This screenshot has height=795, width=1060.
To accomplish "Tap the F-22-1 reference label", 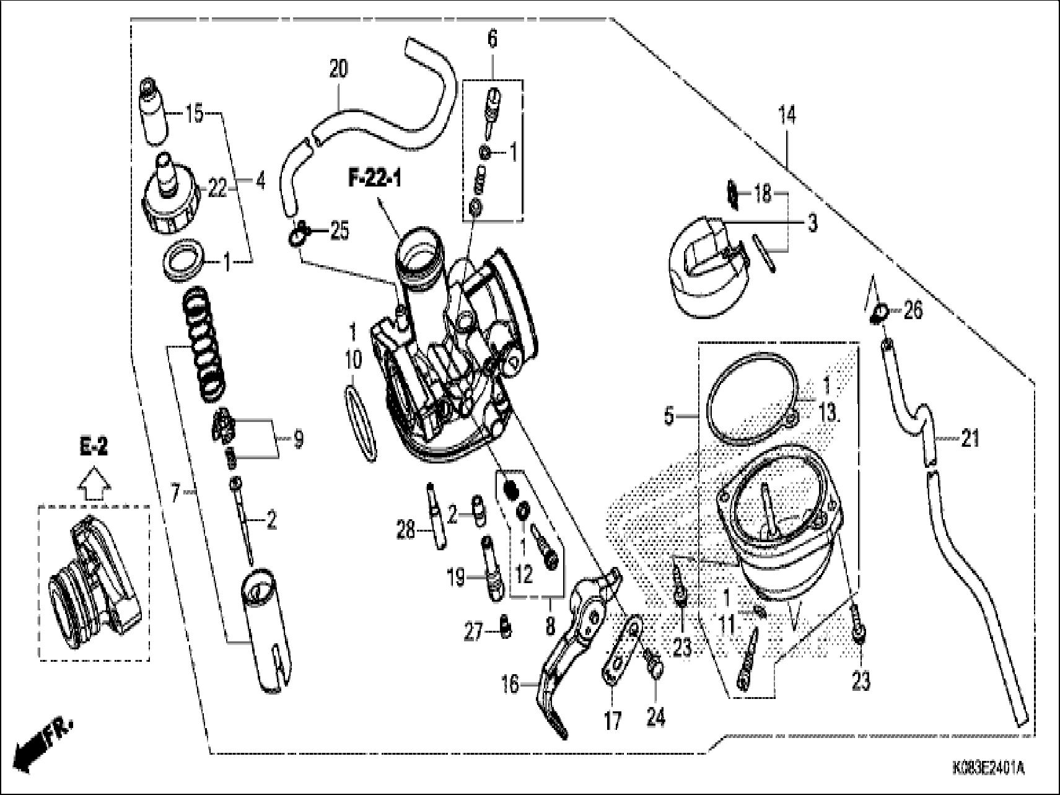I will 374,180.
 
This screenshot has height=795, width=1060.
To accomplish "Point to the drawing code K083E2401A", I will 988,769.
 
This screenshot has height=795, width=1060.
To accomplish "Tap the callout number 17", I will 612,722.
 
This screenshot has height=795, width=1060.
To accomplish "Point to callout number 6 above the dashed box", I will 492,38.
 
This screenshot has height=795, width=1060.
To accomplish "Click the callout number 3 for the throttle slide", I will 812,222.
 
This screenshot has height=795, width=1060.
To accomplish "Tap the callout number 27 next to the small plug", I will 473,634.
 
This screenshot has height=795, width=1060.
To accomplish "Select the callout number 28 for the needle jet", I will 405,530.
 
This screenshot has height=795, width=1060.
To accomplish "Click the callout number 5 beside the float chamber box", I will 668,416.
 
